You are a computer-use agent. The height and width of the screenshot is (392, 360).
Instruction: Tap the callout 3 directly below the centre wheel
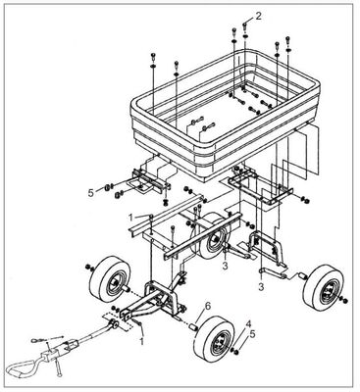[x=226, y=265]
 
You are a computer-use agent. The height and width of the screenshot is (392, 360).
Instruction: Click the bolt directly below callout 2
[x=231, y=36]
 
